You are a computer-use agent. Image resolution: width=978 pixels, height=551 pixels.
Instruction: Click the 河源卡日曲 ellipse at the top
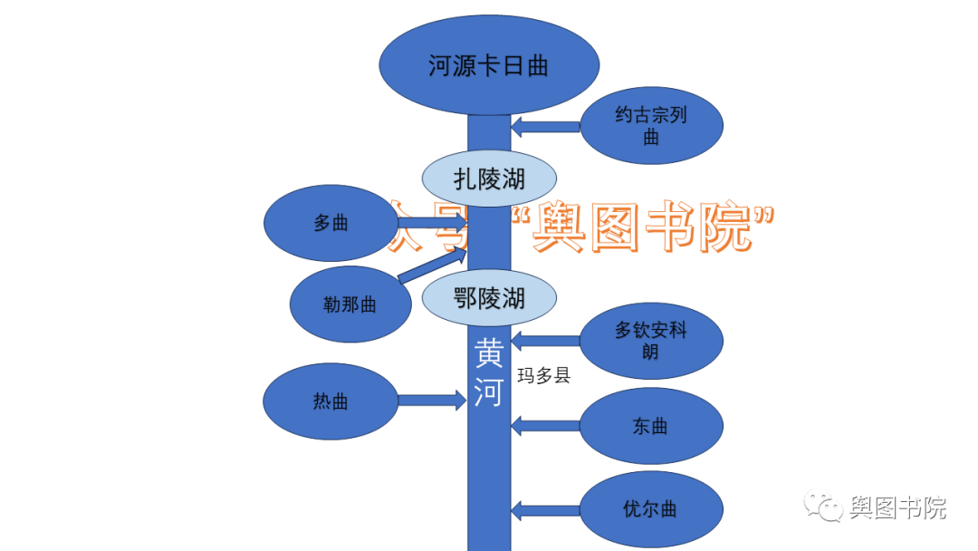pyautogui.click(x=488, y=66)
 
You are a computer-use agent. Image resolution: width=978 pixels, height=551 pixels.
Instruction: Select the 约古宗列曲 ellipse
pyautogui.click(x=651, y=126)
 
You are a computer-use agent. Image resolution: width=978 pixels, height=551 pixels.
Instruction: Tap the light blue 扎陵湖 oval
pyautogui.click(x=489, y=179)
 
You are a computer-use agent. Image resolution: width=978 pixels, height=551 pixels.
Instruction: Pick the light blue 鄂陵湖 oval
pyautogui.click(x=489, y=297)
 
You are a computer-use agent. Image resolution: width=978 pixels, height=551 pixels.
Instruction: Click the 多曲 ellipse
pyautogui.click(x=331, y=223)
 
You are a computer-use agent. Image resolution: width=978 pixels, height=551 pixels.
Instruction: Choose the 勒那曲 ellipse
pyautogui.click(x=350, y=304)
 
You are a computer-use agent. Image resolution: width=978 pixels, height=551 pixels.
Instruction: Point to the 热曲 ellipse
pyautogui.click(x=331, y=401)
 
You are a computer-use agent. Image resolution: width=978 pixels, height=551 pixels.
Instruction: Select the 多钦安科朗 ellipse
pyautogui.click(x=651, y=341)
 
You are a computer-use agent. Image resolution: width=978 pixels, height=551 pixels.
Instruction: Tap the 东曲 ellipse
pyautogui.click(x=651, y=426)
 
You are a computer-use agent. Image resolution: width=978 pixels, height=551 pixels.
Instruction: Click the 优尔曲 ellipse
pyautogui.click(x=651, y=509)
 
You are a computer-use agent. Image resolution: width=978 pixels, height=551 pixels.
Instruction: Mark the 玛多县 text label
pyautogui.click(x=543, y=375)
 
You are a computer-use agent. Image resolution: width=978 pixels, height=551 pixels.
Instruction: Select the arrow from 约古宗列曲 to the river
pyautogui.click(x=545, y=127)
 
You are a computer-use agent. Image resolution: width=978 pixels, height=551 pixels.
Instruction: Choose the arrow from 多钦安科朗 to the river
pyautogui.click(x=545, y=342)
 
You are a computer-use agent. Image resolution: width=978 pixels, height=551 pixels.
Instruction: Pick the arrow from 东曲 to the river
pyautogui.click(x=545, y=425)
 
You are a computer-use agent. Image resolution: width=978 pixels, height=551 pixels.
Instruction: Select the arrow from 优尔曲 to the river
pyautogui.click(x=545, y=509)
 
